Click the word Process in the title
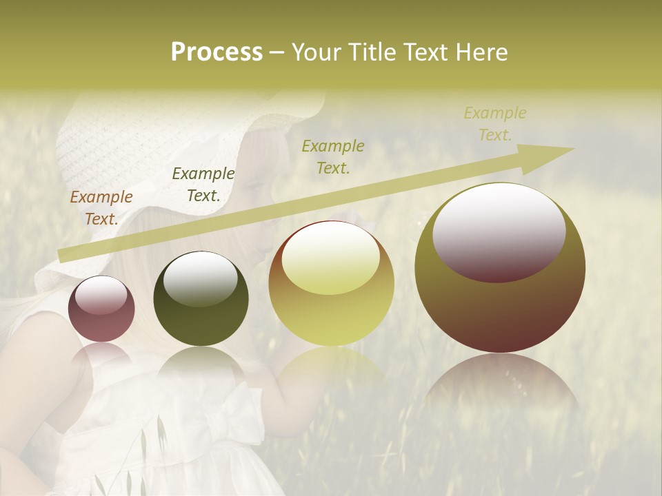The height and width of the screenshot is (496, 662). point(217,52)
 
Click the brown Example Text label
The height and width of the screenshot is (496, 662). point(101,208)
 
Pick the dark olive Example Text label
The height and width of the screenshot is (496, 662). point(203,185)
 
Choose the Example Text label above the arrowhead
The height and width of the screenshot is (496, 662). point(494,124)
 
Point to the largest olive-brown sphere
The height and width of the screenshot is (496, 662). point(500,310)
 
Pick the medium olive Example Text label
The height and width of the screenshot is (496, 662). point(333,156)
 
